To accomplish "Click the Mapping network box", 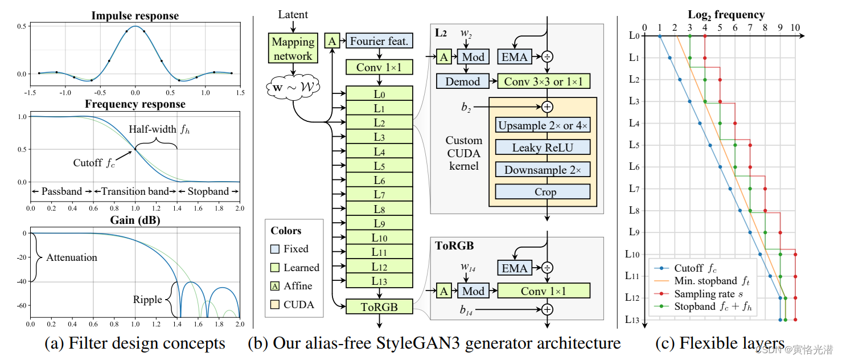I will [x=293, y=49].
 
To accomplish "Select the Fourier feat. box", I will [x=379, y=41].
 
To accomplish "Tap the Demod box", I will [x=463, y=81].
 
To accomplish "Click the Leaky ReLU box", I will [x=543, y=148].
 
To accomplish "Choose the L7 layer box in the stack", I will [x=379, y=195].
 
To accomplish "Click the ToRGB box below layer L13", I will [x=379, y=307].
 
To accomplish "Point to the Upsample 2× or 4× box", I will [x=543, y=125].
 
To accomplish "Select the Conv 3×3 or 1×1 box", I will [x=543, y=81].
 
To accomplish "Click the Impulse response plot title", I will [x=135, y=16].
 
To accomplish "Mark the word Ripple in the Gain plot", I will [x=148, y=299].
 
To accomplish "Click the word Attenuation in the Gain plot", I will [x=72, y=257].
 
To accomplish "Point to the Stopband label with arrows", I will [x=208, y=191].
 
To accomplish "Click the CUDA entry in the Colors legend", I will [x=298, y=305].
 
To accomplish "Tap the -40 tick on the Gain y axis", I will [x=23, y=281].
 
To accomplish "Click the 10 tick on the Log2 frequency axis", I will [x=795, y=27].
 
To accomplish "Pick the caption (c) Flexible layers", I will [x=720, y=343].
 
